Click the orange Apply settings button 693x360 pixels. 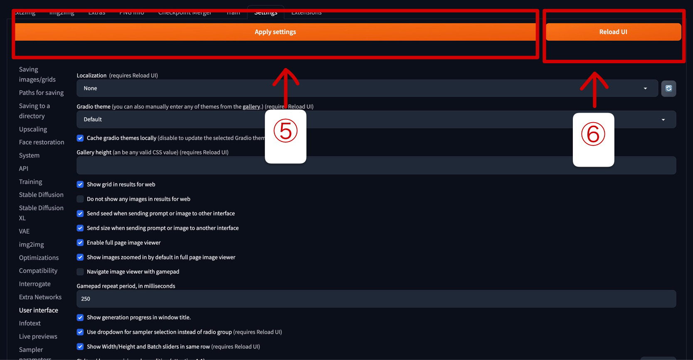click(275, 32)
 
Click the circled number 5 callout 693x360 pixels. click(286, 131)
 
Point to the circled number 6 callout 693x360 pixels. click(593, 135)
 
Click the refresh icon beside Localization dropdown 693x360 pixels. click(668, 89)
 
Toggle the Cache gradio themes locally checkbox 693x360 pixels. click(80, 138)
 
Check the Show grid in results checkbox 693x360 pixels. click(80, 185)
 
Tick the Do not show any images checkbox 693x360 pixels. click(80, 199)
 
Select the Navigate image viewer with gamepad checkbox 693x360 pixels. click(80, 272)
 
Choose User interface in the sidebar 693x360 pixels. click(39, 311)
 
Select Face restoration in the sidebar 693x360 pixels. click(42, 142)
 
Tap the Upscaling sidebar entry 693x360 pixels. click(33, 129)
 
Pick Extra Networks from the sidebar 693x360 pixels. click(40, 297)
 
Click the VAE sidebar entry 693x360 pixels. click(24, 232)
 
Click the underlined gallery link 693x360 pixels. click(252, 107)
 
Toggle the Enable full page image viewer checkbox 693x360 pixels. click(80, 243)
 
